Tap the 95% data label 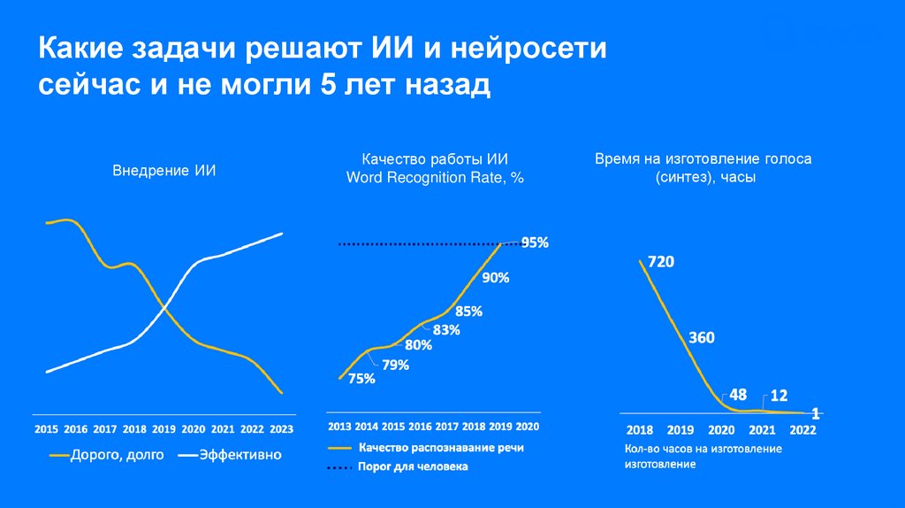(x=535, y=242)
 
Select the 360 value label (x=701, y=337)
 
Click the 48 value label (x=737, y=396)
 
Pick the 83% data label (x=446, y=330)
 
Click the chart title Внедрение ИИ (x=164, y=171)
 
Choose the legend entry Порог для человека (x=413, y=466)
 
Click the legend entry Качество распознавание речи (x=441, y=448)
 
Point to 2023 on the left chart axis (x=280, y=429)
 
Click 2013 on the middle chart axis (x=340, y=426)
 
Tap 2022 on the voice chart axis (x=802, y=430)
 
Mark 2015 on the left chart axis (x=46, y=429)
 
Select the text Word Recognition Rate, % (x=436, y=177)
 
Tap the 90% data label (x=495, y=277)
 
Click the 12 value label (x=780, y=396)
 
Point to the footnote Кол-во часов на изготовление (x=696, y=449)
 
